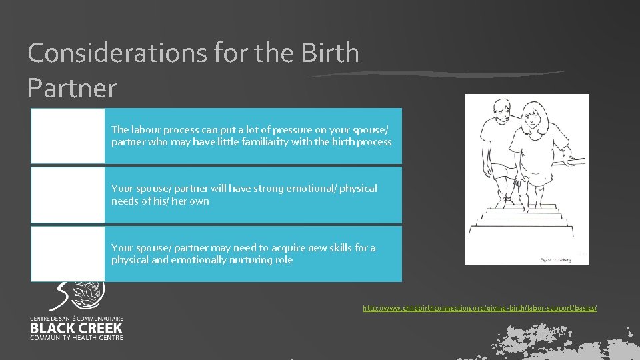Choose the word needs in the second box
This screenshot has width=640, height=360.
124,201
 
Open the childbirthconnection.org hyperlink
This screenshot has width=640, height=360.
479,308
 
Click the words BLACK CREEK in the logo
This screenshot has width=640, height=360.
76,328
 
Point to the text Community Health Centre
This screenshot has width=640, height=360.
76,337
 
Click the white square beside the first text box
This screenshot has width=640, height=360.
67,135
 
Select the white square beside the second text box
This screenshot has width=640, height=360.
67,195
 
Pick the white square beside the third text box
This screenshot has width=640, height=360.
67,253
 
